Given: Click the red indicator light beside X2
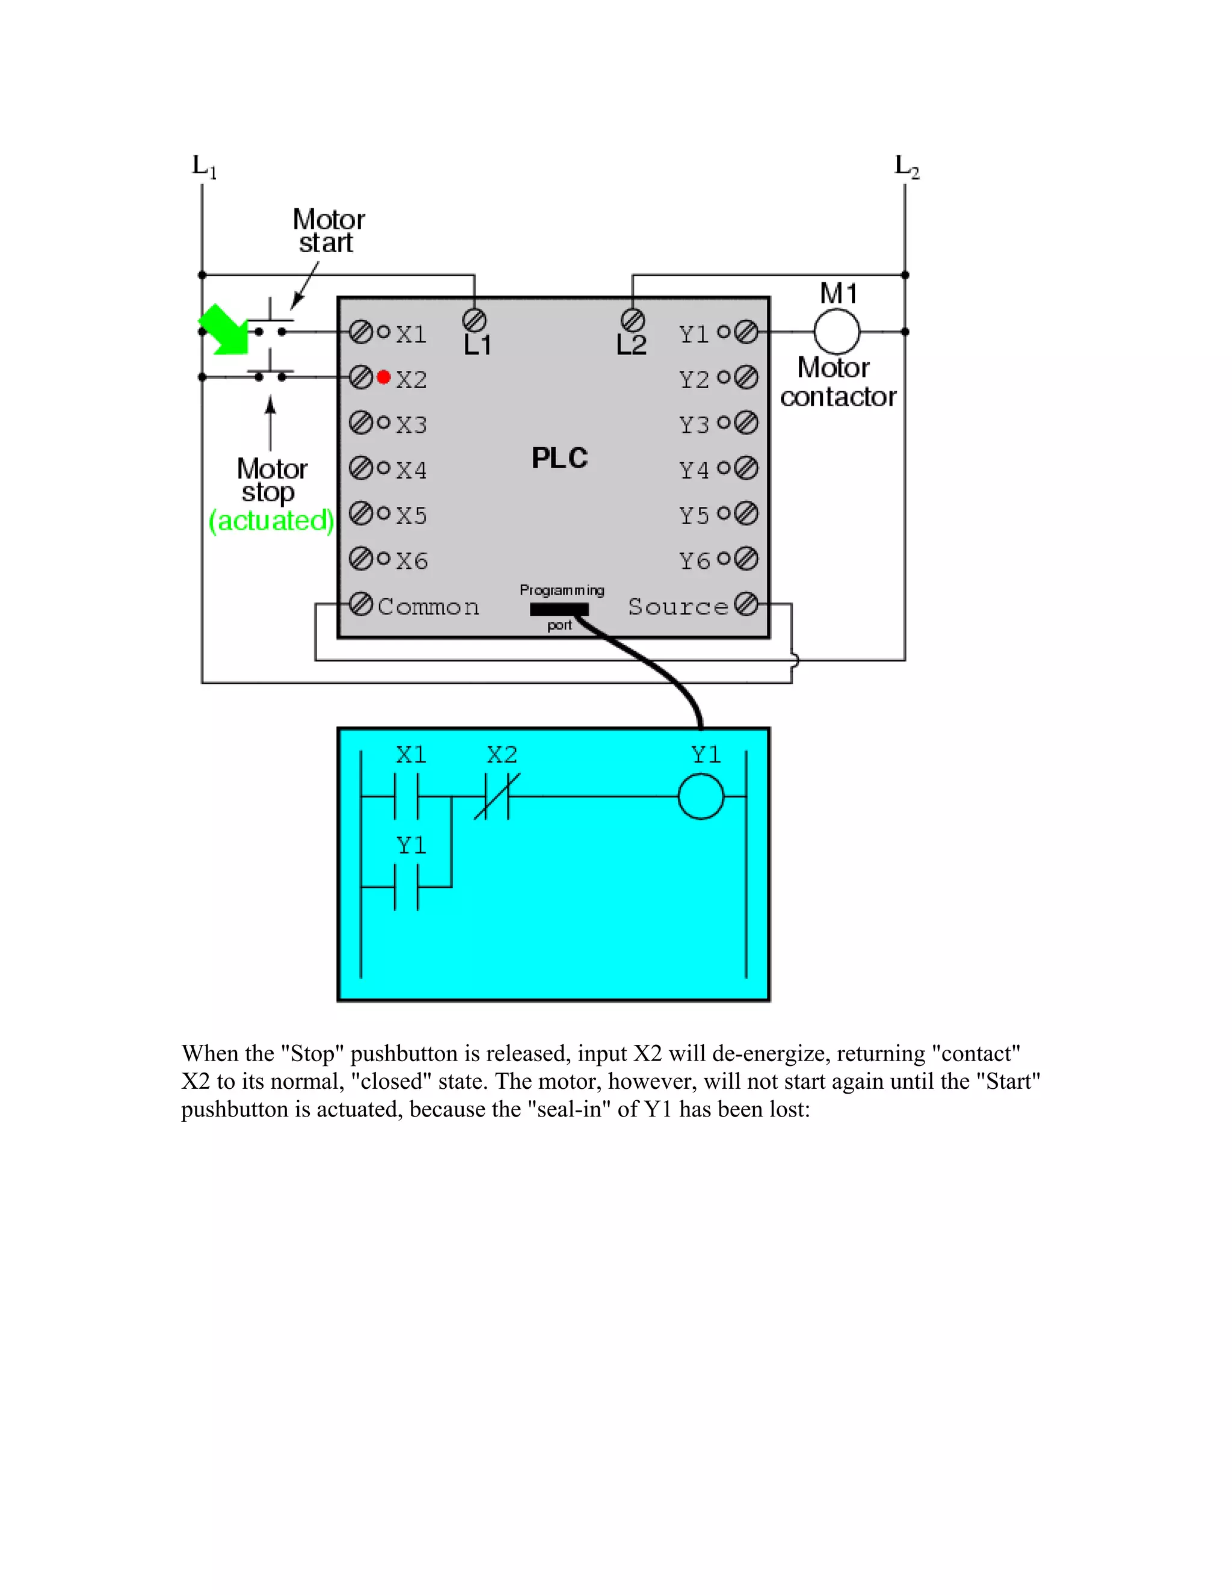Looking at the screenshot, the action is point(384,377).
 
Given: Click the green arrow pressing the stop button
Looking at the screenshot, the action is point(223,329).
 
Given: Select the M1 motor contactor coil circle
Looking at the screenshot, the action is point(836,332).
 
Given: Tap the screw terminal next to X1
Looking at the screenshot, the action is point(360,332).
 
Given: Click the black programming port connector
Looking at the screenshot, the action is point(559,609).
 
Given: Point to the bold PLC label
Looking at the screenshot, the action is point(559,459).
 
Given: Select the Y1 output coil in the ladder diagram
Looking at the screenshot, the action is point(701,796).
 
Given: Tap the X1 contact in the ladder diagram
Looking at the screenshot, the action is point(407,796).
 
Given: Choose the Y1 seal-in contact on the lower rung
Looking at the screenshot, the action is point(407,887).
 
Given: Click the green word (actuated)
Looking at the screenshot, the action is point(271,521).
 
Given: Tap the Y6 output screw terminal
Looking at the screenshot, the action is point(746,559).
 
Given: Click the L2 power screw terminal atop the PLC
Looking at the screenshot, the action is point(633,320).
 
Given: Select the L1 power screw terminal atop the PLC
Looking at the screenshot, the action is point(475,320).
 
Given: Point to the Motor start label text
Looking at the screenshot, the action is point(328,231).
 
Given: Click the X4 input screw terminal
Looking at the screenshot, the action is point(360,468).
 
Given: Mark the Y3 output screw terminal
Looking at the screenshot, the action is point(746,423).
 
